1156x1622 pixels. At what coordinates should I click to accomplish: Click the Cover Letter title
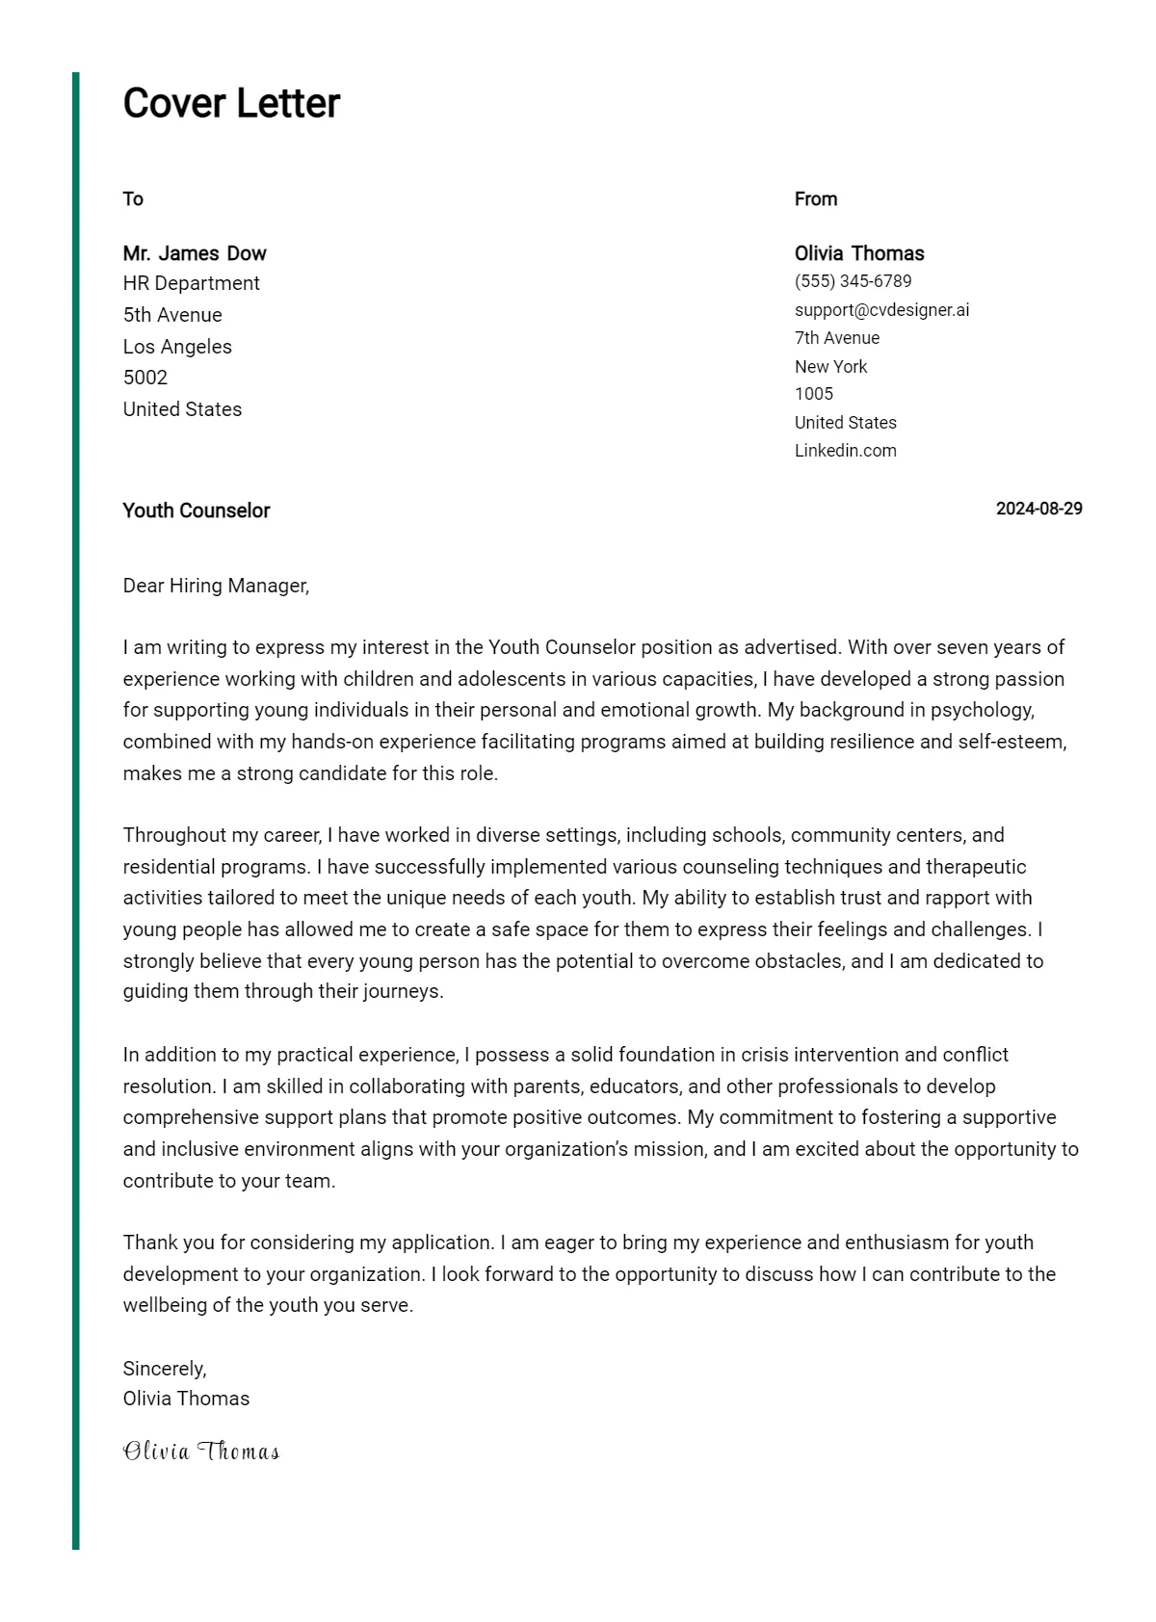point(231,103)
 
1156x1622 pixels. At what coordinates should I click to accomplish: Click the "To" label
point(133,199)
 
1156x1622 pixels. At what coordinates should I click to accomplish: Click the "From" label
point(815,199)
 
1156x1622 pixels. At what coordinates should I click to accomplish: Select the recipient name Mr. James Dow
point(194,253)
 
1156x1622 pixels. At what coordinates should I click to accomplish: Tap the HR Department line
point(191,283)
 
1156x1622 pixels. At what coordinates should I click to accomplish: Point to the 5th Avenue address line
point(172,315)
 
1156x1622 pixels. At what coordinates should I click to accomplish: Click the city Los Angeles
point(177,347)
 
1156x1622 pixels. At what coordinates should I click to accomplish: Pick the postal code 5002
point(144,378)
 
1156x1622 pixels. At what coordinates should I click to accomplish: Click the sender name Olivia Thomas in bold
point(858,253)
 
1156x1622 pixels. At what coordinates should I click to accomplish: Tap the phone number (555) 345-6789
point(853,281)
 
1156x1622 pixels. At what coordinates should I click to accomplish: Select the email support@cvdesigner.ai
point(881,310)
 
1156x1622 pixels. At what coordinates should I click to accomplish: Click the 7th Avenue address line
point(836,338)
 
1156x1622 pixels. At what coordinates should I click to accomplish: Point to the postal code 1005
point(813,394)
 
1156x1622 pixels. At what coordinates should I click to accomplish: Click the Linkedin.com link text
point(845,451)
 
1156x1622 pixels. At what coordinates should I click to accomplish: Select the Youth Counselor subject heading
point(196,510)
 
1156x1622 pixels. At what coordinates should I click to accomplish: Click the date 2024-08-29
point(1038,509)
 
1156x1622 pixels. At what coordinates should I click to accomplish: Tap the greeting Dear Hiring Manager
point(216,586)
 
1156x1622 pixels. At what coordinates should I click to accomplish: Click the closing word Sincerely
point(164,1369)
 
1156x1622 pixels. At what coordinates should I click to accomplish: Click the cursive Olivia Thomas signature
point(200,1452)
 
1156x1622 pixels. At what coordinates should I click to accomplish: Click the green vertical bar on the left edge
point(76,809)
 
